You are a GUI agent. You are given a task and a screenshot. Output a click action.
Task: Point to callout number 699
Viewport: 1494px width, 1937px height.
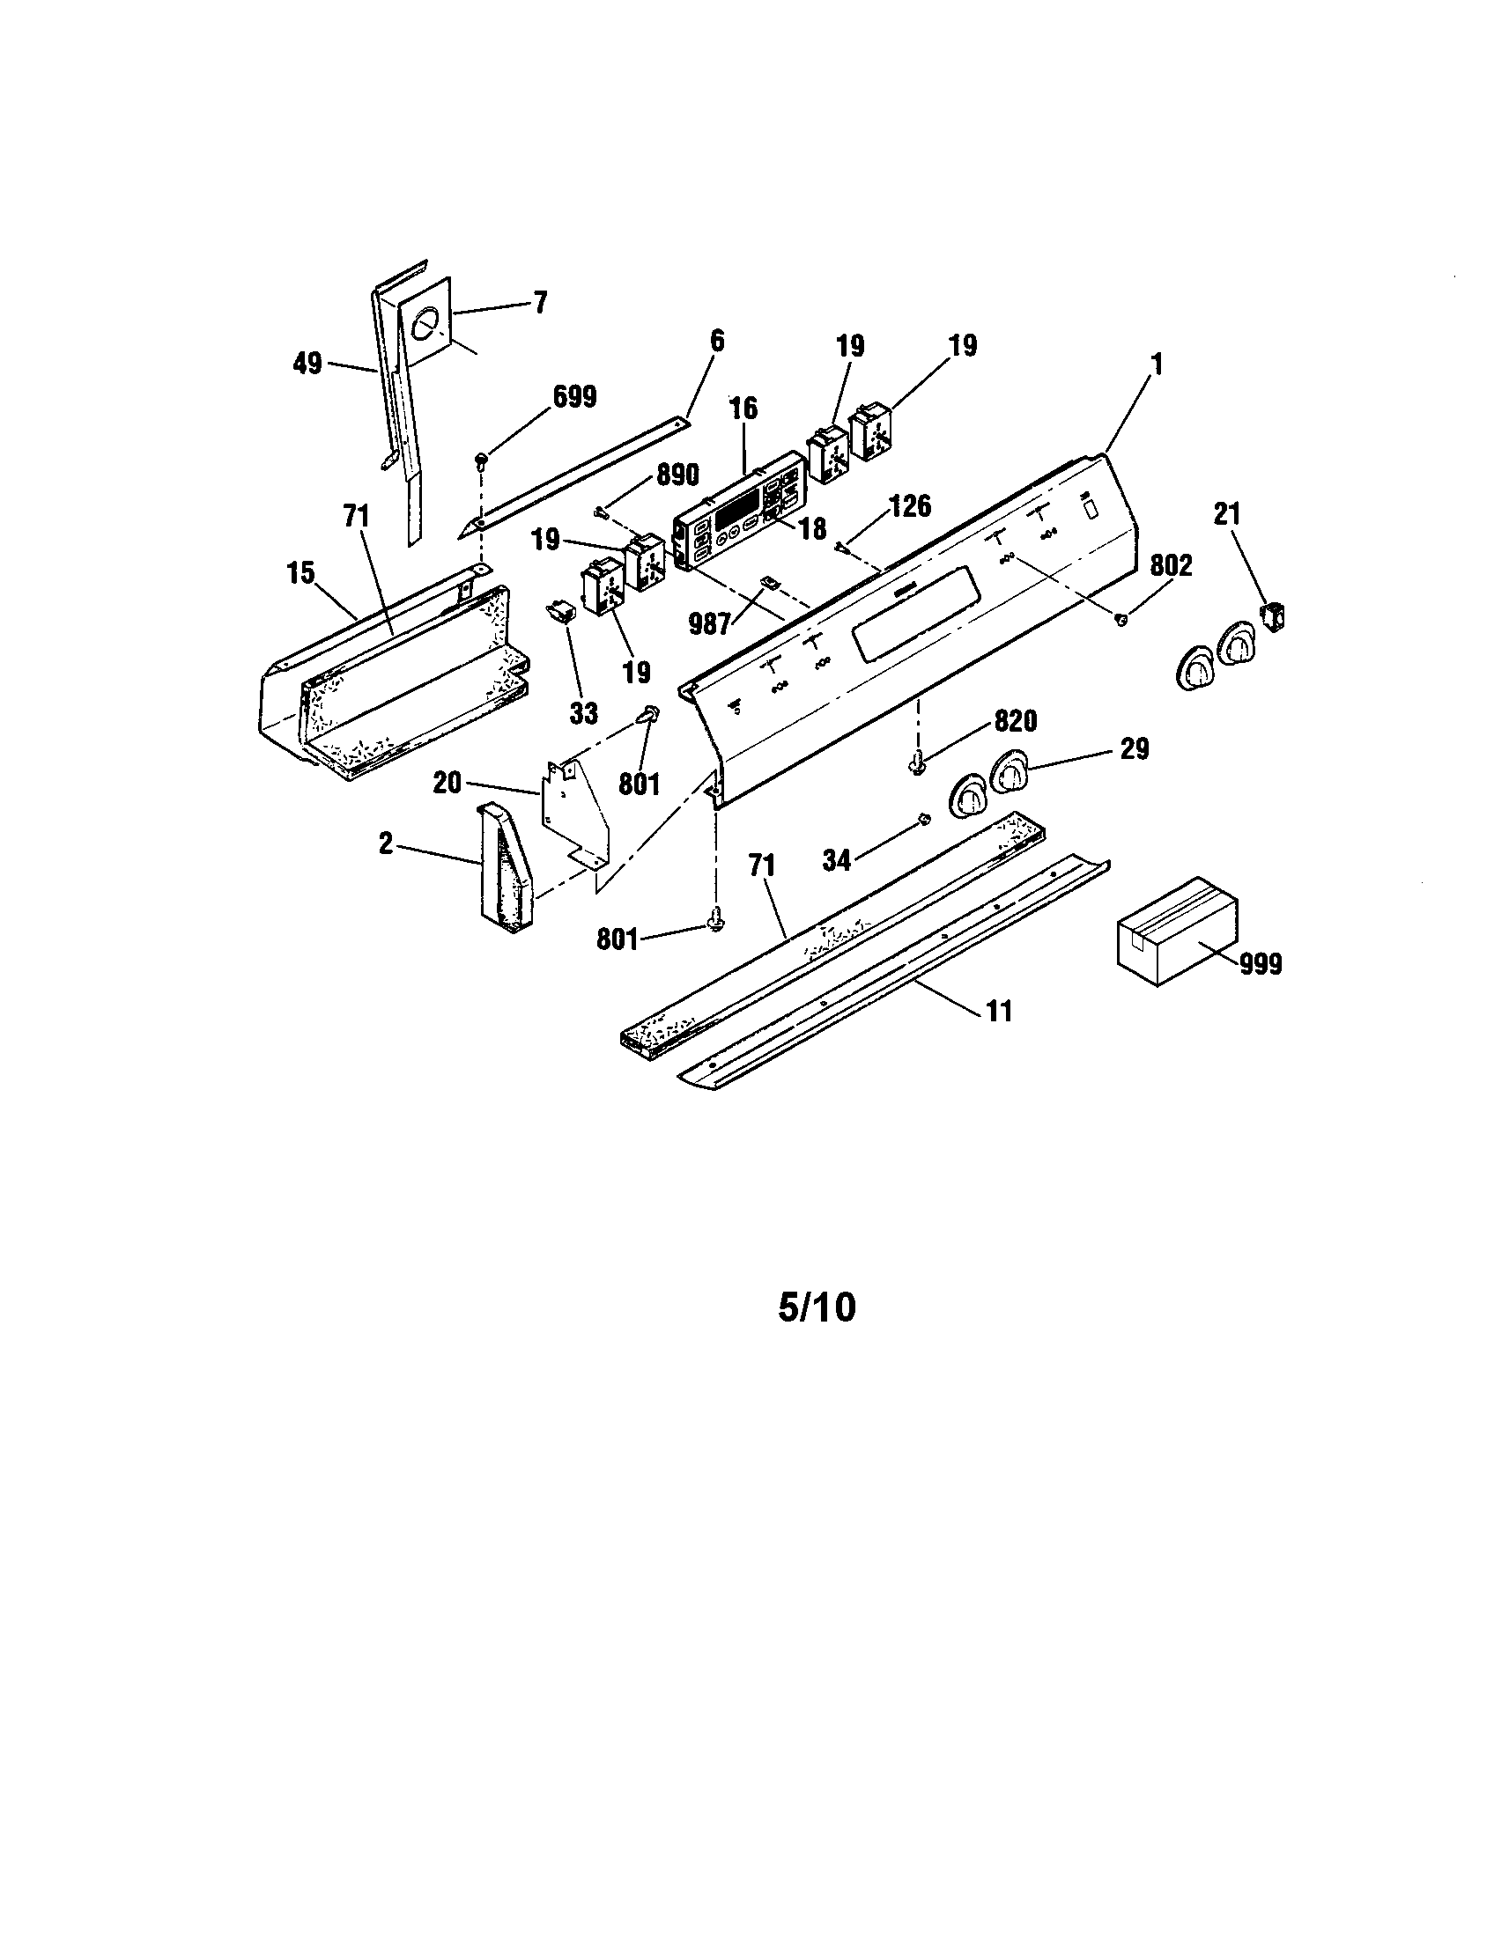tap(574, 397)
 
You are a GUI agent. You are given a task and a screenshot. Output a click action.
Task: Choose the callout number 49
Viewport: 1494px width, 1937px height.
tap(307, 364)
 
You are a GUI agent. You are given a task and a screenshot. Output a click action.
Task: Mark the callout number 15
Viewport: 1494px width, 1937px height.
tap(300, 573)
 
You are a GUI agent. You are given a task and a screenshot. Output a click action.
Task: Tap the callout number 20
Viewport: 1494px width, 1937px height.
tap(447, 782)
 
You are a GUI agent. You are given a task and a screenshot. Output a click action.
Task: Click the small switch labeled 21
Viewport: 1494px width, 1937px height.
tap(1275, 616)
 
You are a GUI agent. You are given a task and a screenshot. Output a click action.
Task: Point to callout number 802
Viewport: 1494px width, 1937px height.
tap(1172, 566)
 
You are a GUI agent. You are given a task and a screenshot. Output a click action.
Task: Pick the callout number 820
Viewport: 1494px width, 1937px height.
tap(1015, 721)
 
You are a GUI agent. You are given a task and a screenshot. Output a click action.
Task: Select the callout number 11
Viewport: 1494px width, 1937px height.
tap(999, 1010)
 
